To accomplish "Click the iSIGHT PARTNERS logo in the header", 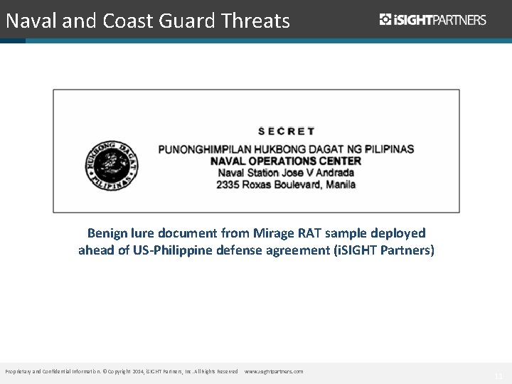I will click(x=433, y=20).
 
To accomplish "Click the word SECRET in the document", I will click(x=286, y=131).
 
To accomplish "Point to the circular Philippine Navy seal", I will click(x=112, y=164).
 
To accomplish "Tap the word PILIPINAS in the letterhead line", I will click(x=388, y=149).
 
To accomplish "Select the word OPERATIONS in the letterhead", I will click(x=279, y=161).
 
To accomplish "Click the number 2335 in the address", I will click(x=230, y=184).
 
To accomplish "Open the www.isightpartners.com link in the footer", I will click(x=274, y=372).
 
